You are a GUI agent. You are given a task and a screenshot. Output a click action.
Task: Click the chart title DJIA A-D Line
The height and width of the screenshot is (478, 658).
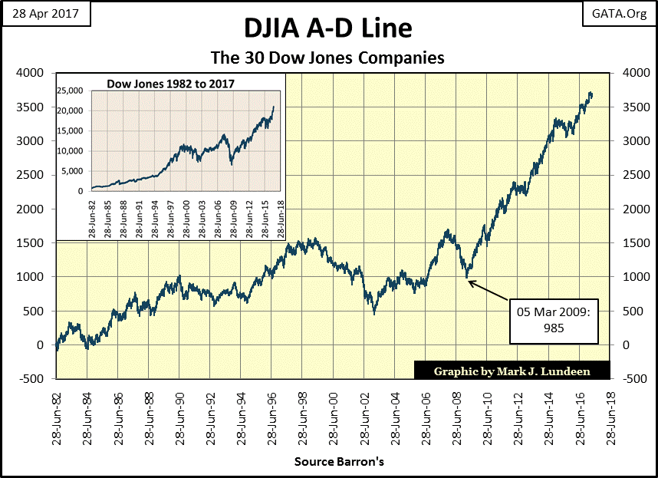(328, 29)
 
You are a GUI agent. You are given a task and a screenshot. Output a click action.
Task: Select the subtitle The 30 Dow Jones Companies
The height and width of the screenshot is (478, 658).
(328, 58)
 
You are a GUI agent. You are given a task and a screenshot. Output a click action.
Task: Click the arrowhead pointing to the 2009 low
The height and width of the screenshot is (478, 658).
(469, 282)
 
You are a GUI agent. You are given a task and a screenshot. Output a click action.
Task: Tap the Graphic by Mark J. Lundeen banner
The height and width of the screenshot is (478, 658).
(512, 371)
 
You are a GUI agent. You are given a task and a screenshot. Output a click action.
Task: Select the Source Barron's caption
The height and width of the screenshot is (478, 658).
(338, 462)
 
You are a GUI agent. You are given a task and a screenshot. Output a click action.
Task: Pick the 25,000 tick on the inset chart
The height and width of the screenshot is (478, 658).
(71, 91)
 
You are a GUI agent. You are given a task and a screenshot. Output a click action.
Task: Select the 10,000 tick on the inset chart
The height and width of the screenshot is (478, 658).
(71, 151)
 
